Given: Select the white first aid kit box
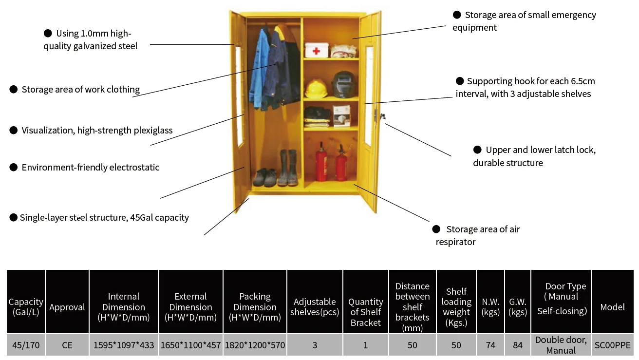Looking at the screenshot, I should coord(316,50).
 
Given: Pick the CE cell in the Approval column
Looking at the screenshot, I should coord(67,345).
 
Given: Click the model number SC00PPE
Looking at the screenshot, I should coord(612,345).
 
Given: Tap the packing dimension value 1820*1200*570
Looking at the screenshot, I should coord(255,345).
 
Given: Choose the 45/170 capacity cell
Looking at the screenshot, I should coord(26,345).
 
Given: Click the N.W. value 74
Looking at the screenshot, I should coord(490,345).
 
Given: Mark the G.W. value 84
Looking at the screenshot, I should coord(518,345).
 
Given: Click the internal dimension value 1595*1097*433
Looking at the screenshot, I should coord(124,345).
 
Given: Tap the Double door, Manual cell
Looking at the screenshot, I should coord(561,345).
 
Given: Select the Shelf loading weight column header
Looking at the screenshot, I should coord(456,307).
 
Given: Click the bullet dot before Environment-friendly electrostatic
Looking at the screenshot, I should coord(14,167).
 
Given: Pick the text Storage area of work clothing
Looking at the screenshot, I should coord(81,89).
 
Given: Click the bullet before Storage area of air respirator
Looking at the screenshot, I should coord(436,229).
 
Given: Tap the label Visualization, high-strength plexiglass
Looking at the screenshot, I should coord(97,130).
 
